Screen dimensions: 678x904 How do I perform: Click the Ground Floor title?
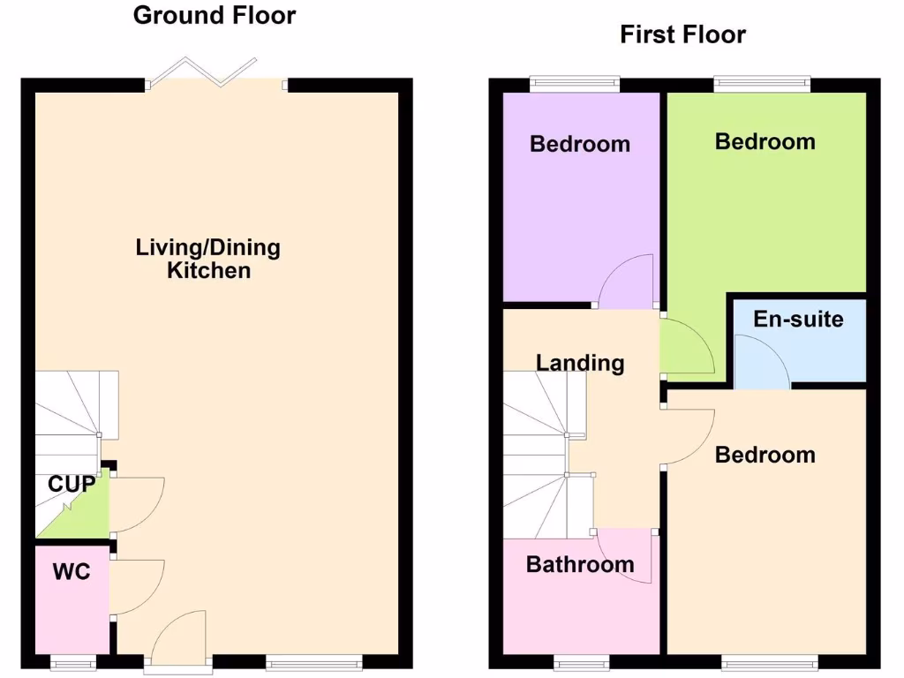point(215,15)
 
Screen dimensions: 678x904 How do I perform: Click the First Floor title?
point(682,34)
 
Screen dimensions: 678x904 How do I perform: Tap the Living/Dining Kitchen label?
point(208,259)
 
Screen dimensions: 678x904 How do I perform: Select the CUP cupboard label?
point(72,484)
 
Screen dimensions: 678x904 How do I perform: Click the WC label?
point(71,571)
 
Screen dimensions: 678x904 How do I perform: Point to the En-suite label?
point(798,319)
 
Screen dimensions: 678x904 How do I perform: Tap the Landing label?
point(580,362)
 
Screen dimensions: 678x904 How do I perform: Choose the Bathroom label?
point(580,564)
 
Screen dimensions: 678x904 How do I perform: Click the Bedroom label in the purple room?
point(580,144)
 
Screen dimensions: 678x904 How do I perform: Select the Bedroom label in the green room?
point(765,141)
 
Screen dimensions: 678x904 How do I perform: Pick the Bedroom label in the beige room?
point(765,455)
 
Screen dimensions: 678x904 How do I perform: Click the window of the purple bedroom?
point(574,85)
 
